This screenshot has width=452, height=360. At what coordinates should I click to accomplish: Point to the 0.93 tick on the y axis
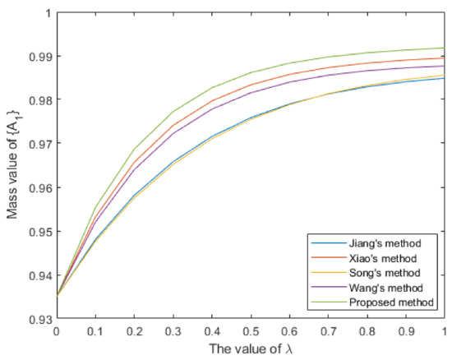tap(39, 319)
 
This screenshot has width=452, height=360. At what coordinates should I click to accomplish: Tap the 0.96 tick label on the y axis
tap(39, 187)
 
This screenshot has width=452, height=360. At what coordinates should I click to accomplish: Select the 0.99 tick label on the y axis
tap(39, 57)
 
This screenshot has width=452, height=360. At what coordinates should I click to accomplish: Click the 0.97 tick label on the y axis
tap(39, 144)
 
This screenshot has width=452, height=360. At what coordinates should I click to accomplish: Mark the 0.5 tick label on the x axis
tap(250, 330)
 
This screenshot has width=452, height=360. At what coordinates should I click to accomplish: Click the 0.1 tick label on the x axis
tap(95, 330)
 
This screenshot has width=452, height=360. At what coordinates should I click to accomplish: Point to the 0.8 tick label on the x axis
tap(367, 330)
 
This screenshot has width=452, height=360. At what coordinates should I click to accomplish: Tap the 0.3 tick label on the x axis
tap(173, 330)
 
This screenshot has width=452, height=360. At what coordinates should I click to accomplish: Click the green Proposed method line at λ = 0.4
tap(211, 88)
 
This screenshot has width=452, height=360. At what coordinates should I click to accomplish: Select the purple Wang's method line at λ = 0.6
tap(289, 82)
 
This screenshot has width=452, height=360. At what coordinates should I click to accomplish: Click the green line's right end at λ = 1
tap(444, 48)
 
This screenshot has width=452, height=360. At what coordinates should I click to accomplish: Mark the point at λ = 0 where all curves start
tap(56, 296)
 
